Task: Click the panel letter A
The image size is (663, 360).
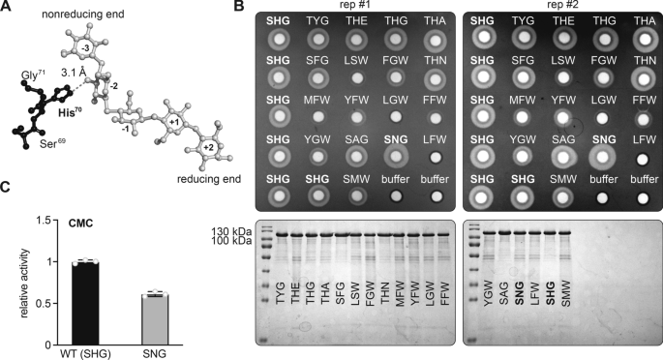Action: (x=8, y=8)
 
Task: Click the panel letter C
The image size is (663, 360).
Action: (x=8, y=209)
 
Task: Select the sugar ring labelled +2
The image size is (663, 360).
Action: (x=209, y=147)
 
